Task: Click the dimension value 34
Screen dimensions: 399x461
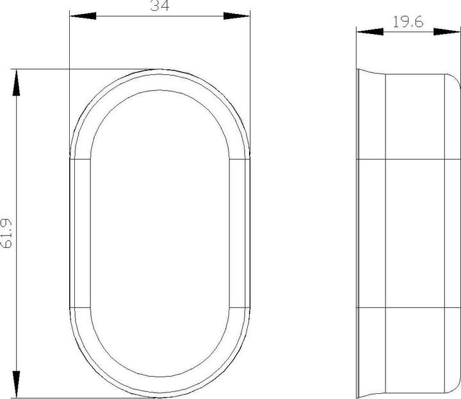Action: coord(158,6)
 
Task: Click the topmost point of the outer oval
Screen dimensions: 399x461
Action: coord(158,69)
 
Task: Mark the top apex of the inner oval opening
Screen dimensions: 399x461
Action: coord(158,91)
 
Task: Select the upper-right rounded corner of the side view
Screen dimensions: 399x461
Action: coord(453,78)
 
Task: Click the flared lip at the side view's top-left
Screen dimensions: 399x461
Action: coord(362,72)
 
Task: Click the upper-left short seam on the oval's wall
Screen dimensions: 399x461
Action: coord(79,157)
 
